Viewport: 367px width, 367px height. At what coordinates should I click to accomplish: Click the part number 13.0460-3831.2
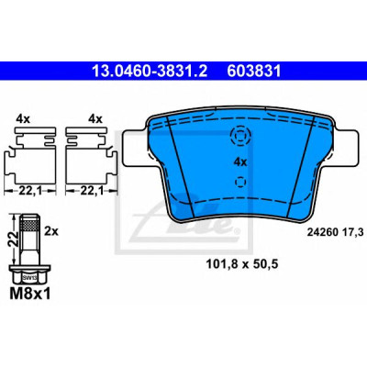pyautogui.click(x=150, y=71)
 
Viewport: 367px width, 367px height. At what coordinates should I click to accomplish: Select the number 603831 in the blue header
pyautogui.click(x=254, y=71)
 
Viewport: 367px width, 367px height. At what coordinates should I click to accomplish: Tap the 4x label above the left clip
pyautogui.click(x=23, y=119)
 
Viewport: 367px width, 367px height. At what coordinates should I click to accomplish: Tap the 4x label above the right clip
pyautogui.click(x=95, y=119)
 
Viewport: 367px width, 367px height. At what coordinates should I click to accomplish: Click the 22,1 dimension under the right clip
pyautogui.click(x=92, y=191)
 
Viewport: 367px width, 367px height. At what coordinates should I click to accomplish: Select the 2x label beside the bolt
pyautogui.click(x=51, y=231)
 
